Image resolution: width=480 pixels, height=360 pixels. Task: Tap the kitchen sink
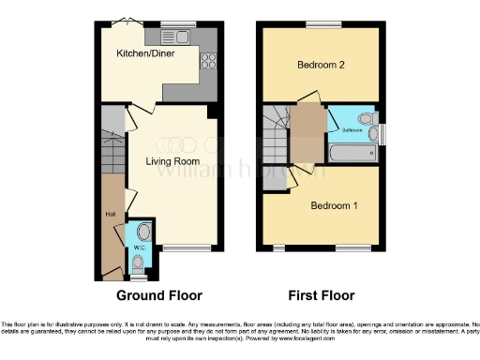click(177, 38)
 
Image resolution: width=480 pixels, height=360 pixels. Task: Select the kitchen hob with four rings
click(208, 63)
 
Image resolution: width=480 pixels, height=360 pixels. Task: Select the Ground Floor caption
click(158, 295)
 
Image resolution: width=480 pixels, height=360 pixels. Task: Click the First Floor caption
click(321, 295)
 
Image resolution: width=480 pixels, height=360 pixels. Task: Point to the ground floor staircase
click(112, 141)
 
